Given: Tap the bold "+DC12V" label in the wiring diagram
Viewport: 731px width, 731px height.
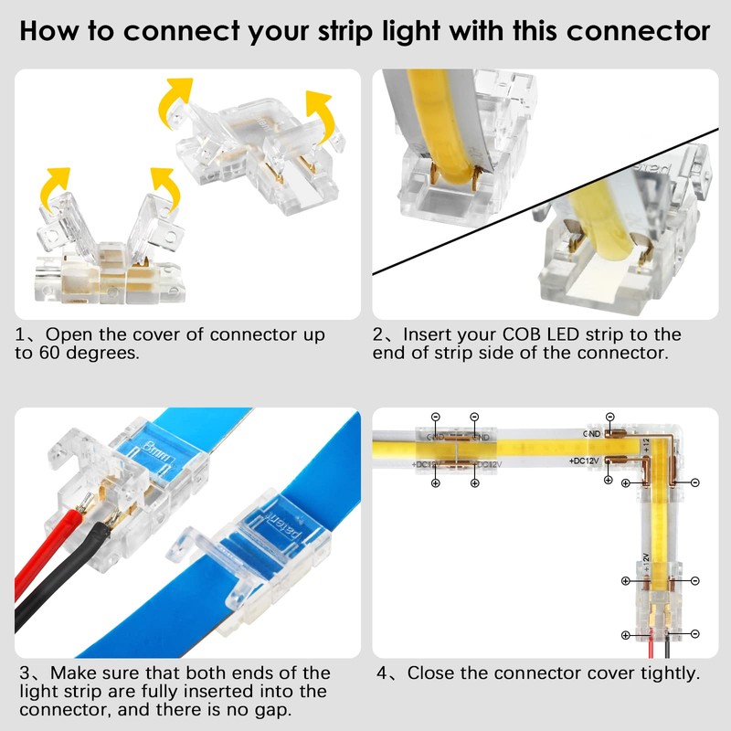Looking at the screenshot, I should pos(584,461).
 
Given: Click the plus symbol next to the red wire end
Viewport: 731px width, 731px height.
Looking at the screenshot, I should pos(625,634).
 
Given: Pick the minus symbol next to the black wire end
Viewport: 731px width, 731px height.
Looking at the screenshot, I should pos(695,634).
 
